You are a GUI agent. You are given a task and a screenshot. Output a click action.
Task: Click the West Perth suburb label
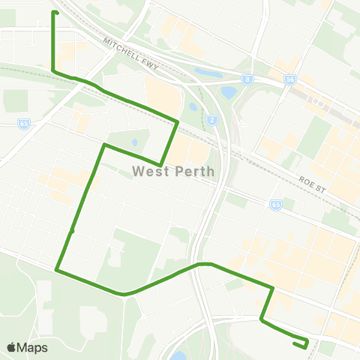(173, 171)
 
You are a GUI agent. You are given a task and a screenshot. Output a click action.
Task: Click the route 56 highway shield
(289, 78)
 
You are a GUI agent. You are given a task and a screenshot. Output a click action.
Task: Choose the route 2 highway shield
(212, 119)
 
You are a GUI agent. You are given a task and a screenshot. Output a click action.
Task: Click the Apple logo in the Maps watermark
(11, 347)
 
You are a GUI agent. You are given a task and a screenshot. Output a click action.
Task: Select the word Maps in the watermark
(33, 347)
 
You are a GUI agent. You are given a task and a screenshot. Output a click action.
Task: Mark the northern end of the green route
(53, 13)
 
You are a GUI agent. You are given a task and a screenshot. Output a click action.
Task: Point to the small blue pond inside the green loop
(134, 142)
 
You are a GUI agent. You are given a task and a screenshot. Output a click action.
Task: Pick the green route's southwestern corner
(57, 268)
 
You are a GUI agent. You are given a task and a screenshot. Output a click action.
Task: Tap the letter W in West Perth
(139, 171)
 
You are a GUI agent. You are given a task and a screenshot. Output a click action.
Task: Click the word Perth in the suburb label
(195, 171)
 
